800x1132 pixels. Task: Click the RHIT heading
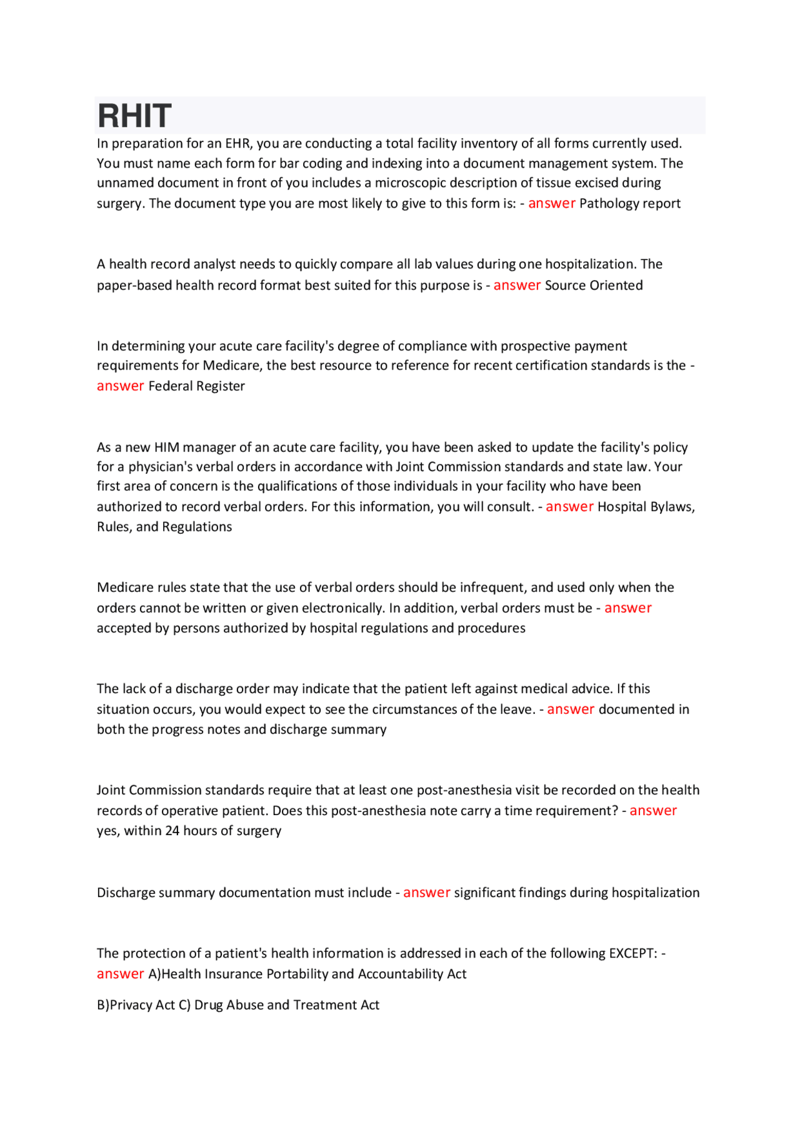[134, 116]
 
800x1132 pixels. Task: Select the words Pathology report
[630, 204]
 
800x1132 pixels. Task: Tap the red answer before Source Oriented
[517, 286]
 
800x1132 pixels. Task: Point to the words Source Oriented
[594, 286]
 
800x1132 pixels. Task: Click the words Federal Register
[196, 386]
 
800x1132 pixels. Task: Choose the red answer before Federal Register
[120, 386]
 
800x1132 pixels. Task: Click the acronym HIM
[166, 448]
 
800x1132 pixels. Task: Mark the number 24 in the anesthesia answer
[172, 831]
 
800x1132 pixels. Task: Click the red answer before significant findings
[426, 893]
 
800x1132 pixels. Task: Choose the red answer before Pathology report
[551, 204]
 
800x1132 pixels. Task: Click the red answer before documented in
[570, 709]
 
